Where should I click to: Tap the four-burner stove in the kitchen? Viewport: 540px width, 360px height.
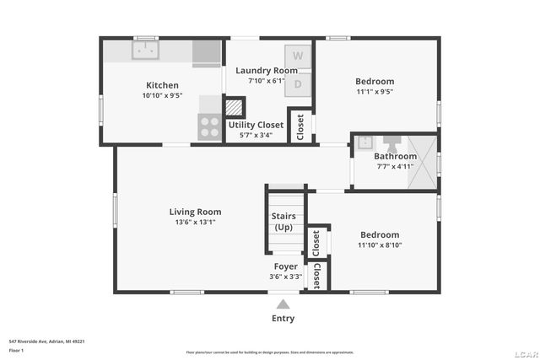[x=209, y=126]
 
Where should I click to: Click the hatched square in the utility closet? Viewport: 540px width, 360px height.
[x=234, y=109]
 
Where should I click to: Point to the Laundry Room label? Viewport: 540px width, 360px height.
[x=267, y=70]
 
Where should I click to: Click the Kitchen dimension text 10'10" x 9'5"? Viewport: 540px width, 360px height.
[x=163, y=95]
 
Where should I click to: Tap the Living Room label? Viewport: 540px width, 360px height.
[x=195, y=212]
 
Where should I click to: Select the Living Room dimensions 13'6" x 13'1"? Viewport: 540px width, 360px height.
[x=195, y=223]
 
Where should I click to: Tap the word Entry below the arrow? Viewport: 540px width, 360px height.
[x=283, y=318]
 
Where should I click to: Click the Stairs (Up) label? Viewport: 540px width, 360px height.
[x=283, y=222]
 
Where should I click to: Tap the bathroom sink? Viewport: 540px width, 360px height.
[x=364, y=142]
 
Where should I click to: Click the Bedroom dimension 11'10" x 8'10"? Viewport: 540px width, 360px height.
[x=381, y=245]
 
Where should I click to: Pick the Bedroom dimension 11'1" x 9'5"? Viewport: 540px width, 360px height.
[x=375, y=92]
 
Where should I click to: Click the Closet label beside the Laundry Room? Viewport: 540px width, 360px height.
[x=300, y=126]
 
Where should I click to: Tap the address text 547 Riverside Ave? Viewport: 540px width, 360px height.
[x=46, y=341]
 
